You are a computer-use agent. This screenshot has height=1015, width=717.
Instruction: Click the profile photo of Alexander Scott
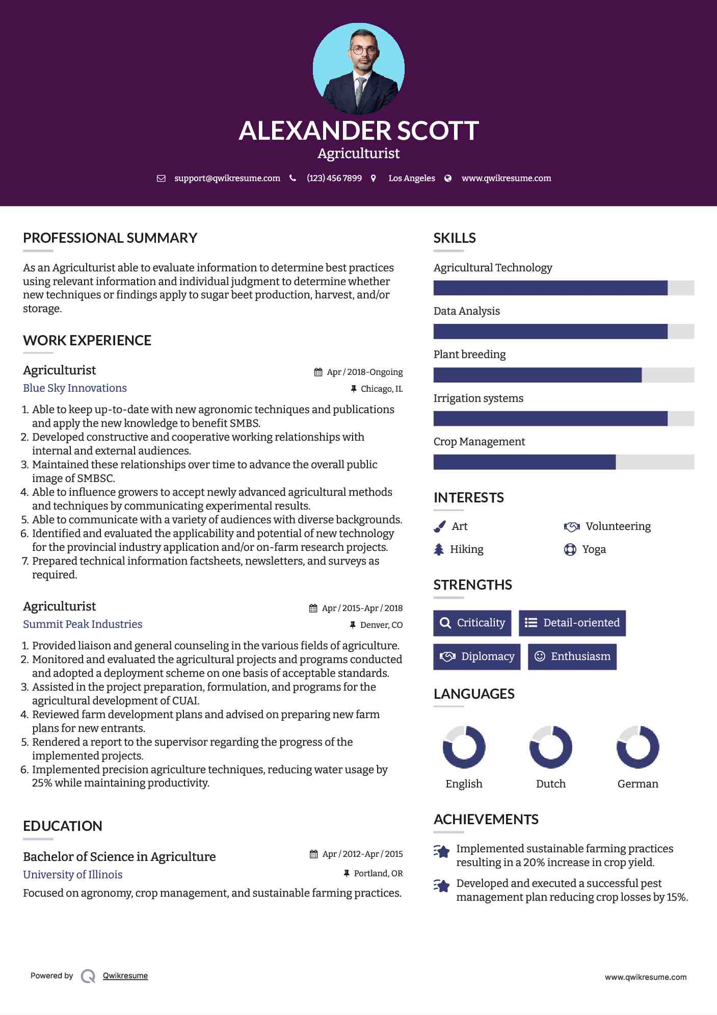(x=359, y=68)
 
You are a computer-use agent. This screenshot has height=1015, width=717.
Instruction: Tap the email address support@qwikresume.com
(x=227, y=178)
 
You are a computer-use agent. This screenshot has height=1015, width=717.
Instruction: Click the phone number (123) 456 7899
(x=334, y=178)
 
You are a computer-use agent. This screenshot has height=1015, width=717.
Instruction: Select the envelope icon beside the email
(x=161, y=178)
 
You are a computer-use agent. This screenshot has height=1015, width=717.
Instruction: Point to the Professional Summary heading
(x=110, y=238)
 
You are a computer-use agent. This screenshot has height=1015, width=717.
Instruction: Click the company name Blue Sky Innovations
(x=75, y=388)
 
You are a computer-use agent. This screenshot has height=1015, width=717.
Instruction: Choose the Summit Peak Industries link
(x=83, y=624)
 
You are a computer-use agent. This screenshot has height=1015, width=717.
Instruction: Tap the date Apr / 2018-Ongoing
(x=364, y=372)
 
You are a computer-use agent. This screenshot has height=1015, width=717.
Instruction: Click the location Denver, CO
(x=381, y=625)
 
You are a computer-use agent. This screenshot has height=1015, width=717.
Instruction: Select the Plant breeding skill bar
(x=564, y=375)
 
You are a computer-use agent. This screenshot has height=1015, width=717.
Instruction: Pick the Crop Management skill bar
(x=564, y=462)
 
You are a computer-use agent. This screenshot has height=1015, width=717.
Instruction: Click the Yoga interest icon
(x=570, y=549)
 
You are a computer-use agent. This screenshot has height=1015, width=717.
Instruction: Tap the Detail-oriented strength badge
(x=572, y=623)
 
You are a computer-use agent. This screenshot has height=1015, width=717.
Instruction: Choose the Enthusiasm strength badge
(x=572, y=656)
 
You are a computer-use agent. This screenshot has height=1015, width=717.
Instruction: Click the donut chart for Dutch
(x=551, y=747)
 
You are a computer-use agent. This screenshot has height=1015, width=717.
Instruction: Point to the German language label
(x=638, y=784)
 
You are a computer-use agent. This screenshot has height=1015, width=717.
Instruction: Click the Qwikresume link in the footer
(x=125, y=976)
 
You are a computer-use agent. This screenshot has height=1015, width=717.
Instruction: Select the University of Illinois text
(x=73, y=875)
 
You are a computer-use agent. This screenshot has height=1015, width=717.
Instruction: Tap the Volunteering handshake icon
(x=572, y=526)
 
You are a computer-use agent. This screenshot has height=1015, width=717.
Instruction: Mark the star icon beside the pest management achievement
(x=442, y=886)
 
